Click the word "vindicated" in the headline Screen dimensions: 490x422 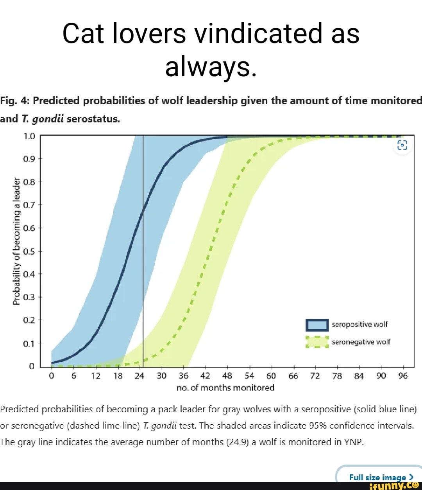coord(258,34)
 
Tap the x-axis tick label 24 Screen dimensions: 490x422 coord(139,376)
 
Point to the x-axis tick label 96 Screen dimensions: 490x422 coord(403,376)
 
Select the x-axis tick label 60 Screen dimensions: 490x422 coord(271,376)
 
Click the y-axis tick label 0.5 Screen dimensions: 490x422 coord(29,251)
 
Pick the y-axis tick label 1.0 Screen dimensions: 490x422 coord(29,136)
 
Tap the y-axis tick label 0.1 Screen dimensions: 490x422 coord(29,344)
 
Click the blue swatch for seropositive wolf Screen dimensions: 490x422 coord(317,325)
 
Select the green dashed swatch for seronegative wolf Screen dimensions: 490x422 coord(317,342)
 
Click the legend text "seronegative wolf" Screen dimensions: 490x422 coord(361,342)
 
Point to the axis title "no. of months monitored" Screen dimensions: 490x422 coord(225,388)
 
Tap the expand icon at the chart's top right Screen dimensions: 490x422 coord(402,145)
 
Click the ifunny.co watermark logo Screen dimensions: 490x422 coord(395,486)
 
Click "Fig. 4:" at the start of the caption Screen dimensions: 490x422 coord(14,101)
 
